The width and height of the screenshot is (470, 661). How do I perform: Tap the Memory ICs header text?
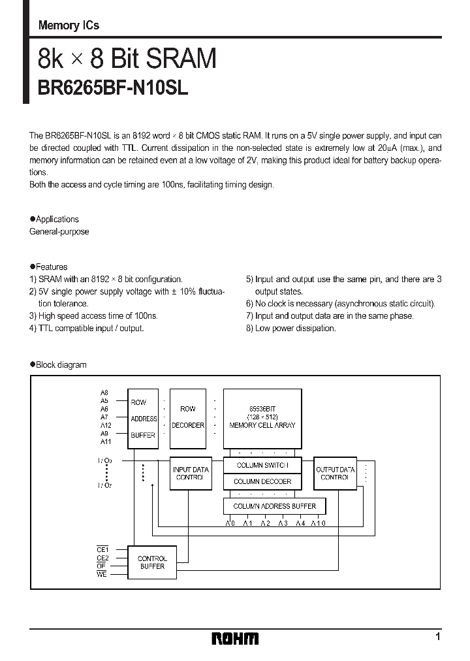(x=69, y=26)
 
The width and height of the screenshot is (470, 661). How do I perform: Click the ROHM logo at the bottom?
(x=235, y=637)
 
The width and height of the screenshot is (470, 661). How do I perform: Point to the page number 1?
(x=438, y=636)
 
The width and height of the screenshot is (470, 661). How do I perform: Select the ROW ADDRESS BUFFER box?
(x=143, y=419)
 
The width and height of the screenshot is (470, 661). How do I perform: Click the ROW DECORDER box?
(x=187, y=418)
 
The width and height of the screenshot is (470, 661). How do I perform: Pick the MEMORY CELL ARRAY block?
(x=262, y=417)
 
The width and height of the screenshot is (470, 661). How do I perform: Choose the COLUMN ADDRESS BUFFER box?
(x=274, y=506)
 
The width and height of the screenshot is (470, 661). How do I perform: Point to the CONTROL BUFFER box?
(x=152, y=562)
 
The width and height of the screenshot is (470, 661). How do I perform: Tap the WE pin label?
(x=102, y=574)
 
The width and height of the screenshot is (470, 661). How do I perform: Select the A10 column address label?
(x=317, y=523)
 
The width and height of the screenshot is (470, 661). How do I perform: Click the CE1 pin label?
(x=102, y=551)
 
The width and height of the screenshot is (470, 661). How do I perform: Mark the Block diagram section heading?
(x=58, y=364)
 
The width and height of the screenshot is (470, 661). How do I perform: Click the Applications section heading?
(x=54, y=219)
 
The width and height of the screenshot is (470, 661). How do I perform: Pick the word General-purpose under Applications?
(x=59, y=232)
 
